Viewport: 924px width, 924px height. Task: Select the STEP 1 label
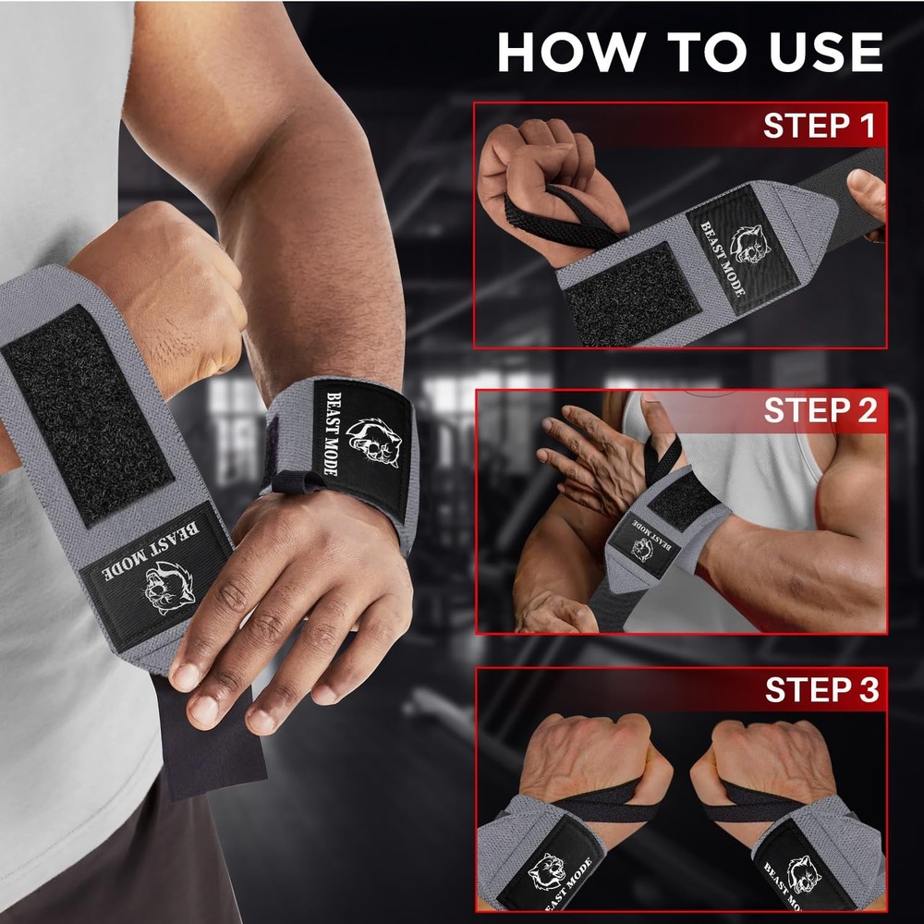[x=818, y=127]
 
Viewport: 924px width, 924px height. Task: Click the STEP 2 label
[x=820, y=410]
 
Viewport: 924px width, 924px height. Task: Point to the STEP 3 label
[x=821, y=690]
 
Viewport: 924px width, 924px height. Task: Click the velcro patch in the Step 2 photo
[x=685, y=503]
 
